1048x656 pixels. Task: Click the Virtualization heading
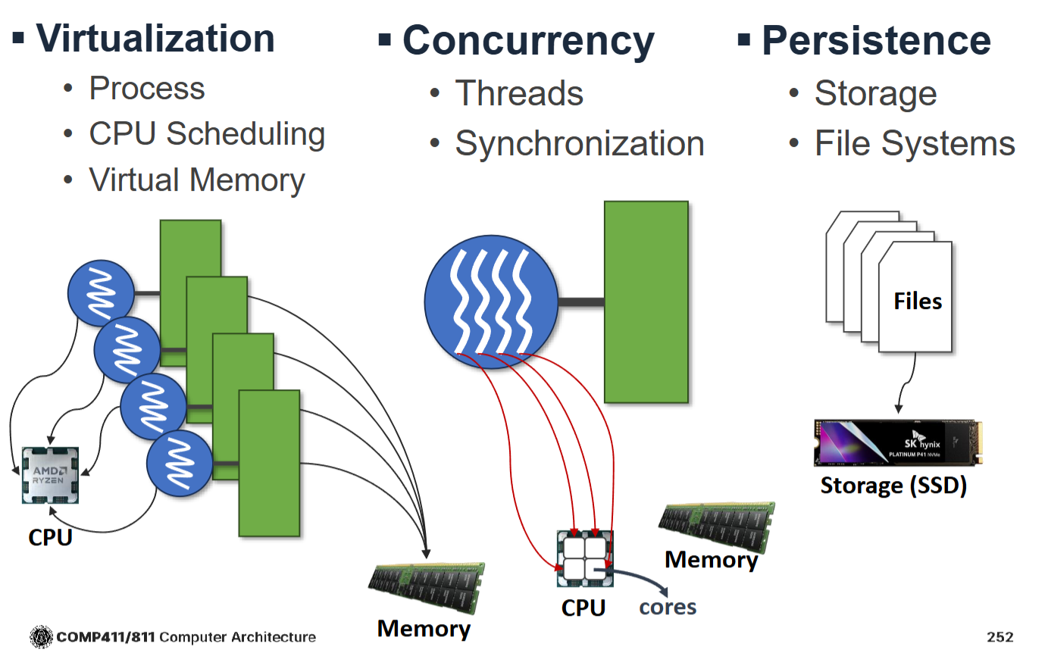point(155,38)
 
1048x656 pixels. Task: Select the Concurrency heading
point(527,41)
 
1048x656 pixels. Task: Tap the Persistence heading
point(875,41)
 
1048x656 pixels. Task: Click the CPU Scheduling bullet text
point(207,134)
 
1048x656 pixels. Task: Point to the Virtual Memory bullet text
point(197,180)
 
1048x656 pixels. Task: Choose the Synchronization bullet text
point(579,144)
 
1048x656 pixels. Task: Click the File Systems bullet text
point(915,144)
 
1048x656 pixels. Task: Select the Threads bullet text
point(519,94)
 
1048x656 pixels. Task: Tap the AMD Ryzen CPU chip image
point(50,475)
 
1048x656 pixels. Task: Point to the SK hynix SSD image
point(898,442)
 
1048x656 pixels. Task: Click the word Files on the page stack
point(917,301)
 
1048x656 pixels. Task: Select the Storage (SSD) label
point(893,486)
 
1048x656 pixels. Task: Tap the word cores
point(668,607)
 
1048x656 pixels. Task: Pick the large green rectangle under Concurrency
point(646,301)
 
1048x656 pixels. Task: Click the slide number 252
point(1000,637)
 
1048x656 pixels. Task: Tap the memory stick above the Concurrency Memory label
point(717,526)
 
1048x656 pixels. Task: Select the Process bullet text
point(147,89)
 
